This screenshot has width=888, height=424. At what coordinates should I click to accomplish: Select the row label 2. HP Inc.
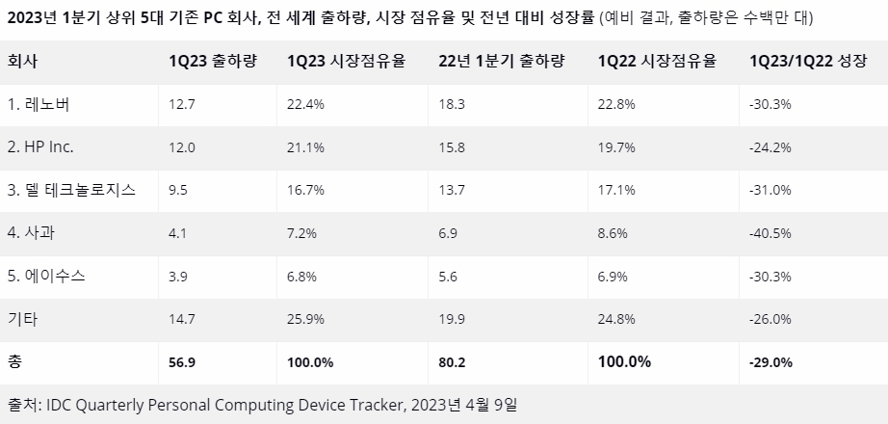(40, 147)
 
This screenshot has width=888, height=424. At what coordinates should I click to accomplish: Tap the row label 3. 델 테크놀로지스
(70, 191)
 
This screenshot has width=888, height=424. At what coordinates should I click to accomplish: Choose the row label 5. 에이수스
(46, 277)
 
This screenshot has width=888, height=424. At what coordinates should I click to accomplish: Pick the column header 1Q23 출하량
(210, 61)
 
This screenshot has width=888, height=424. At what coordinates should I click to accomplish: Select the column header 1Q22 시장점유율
(657, 61)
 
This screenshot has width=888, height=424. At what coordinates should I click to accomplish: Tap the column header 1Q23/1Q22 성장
(807, 61)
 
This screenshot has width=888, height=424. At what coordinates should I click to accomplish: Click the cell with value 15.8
(453, 147)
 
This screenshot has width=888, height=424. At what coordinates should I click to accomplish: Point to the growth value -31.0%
(770, 191)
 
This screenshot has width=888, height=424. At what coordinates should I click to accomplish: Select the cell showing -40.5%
(770, 234)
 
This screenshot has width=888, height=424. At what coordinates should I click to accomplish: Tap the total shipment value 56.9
(184, 362)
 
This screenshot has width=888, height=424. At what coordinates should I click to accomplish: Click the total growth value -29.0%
(770, 362)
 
